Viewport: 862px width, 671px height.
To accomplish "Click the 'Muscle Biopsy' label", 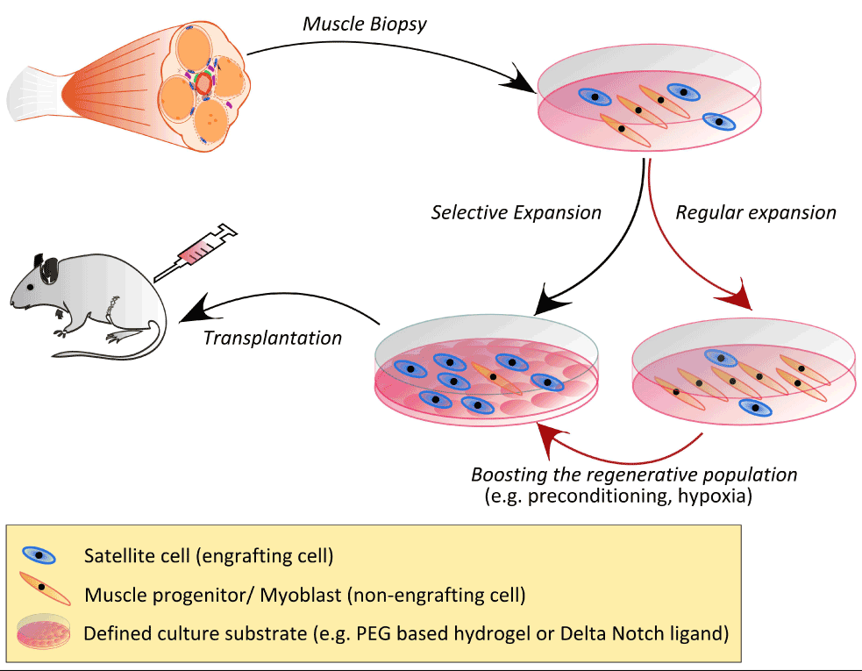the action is [365, 25].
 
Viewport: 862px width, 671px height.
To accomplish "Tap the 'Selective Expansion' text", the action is [516, 213].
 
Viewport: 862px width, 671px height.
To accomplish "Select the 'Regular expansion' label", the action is [756, 213].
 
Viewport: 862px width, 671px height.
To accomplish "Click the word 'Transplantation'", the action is [273, 338].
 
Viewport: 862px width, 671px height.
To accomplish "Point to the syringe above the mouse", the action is [195, 253].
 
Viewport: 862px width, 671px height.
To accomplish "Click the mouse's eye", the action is [30, 287].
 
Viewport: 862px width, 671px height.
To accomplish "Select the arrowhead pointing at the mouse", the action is [194, 310].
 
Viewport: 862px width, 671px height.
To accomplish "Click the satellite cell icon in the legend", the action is [39, 555].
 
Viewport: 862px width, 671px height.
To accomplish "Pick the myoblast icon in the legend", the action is [45, 588].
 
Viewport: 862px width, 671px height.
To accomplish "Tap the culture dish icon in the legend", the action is [44, 631].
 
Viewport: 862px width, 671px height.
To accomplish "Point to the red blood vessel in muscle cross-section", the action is [203, 84].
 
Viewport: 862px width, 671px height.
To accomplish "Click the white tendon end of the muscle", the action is [34, 94].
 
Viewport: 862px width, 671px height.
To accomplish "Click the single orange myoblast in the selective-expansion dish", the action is [495, 378].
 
